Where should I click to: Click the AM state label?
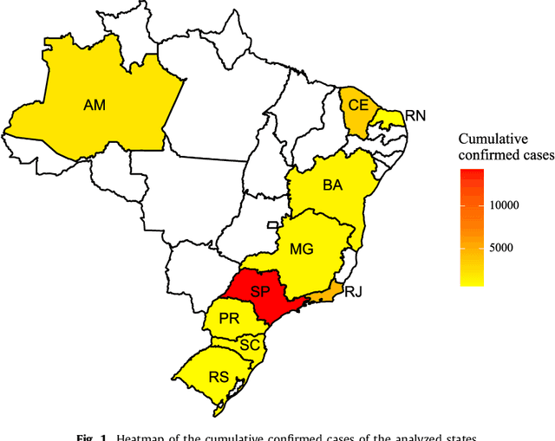coord(95,105)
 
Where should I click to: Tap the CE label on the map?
coord(358,105)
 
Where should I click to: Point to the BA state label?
coord(332,185)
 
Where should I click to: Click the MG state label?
coord(301,249)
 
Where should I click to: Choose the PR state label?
coord(228,319)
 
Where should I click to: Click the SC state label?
coord(250,345)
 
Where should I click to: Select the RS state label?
coord(219,376)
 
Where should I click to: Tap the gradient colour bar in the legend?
coord(473,227)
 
